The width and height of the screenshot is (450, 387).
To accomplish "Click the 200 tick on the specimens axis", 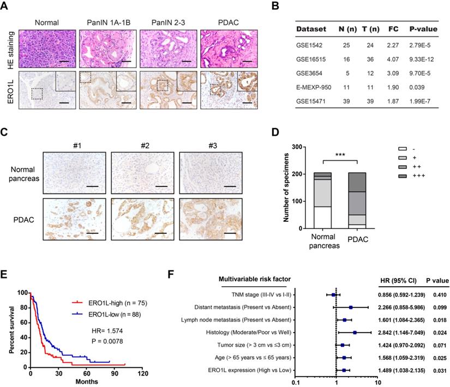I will [x=301, y=174].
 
